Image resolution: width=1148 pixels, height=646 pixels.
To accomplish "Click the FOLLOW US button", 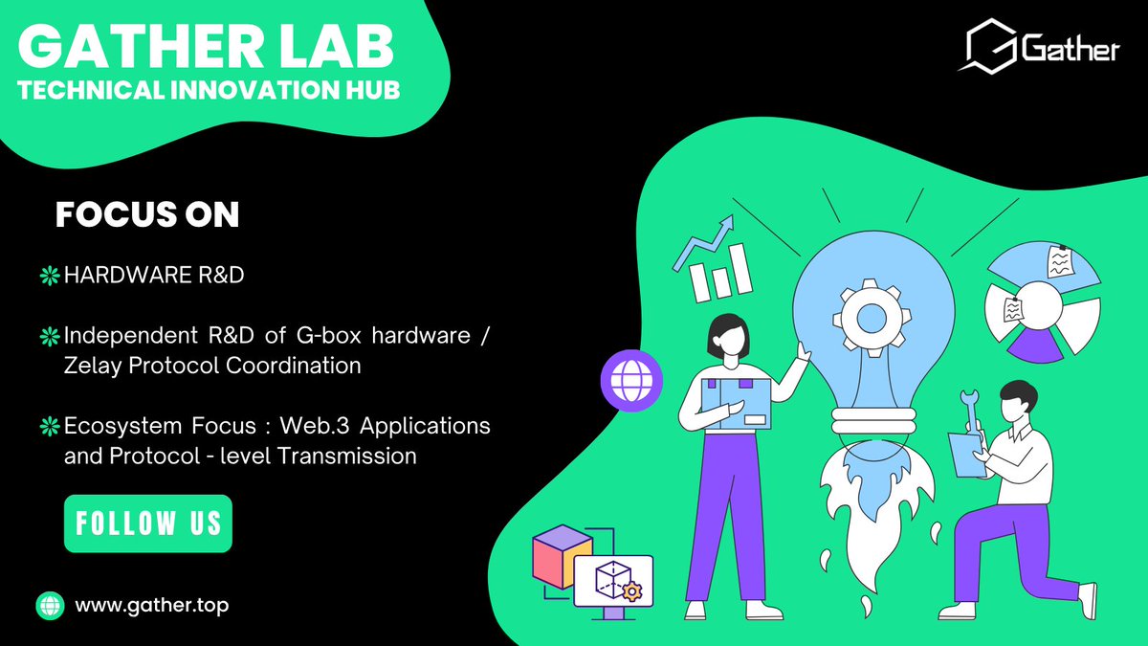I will coord(148,523).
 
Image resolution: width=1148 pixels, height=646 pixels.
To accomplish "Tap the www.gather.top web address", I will coord(151,605).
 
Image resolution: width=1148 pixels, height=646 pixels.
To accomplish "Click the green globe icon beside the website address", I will coord(49,606).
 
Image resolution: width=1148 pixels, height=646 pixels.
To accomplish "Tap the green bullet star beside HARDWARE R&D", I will coord(49,277).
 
